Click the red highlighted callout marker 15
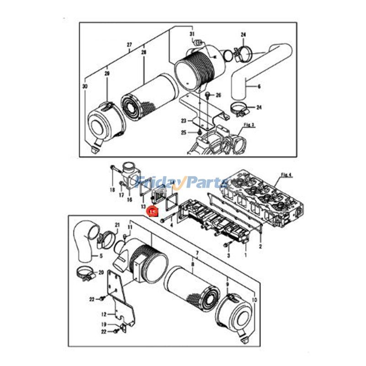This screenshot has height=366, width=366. [x=152, y=211]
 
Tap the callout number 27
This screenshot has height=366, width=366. [x=129, y=45]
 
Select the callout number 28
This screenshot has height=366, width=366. [x=144, y=53]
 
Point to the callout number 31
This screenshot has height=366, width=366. [x=192, y=35]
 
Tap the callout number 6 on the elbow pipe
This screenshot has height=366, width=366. [x=259, y=86]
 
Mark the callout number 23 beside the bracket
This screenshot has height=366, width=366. [x=183, y=121]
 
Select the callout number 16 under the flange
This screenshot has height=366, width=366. [x=129, y=200]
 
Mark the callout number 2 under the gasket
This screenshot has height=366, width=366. [x=260, y=247]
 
